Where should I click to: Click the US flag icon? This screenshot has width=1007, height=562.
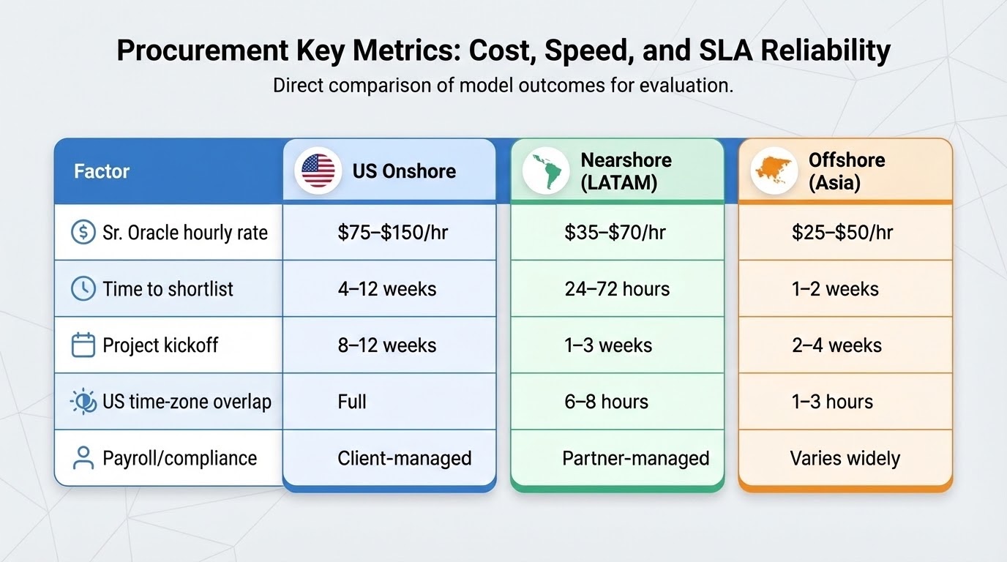[318, 171]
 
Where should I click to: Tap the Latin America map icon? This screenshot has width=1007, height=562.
[546, 171]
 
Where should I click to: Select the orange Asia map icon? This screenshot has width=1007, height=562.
[774, 171]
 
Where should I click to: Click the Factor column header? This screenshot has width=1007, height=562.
[102, 171]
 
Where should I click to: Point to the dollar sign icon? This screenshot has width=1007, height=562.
[83, 233]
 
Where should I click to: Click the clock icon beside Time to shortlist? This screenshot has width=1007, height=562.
[83, 289]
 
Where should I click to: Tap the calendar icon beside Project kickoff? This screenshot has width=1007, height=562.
[83, 345]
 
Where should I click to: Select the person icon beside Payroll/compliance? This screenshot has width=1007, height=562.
[83, 458]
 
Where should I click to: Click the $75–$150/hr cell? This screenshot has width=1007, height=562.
[393, 233]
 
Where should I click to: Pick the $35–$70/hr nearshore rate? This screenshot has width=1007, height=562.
[615, 233]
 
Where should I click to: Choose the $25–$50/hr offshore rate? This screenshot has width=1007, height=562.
[842, 233]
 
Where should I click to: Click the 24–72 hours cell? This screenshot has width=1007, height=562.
[617, 289]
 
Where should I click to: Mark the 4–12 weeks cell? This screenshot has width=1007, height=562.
[387, 289]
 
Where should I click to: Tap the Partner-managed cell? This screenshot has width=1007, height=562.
[635, 458]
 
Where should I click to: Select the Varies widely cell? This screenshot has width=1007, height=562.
[845, 458]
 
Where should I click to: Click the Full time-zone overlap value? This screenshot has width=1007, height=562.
[352, 402]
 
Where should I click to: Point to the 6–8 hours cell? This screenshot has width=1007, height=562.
[606, 402]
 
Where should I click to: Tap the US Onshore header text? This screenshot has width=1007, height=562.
[404, 171]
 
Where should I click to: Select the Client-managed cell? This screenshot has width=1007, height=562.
[404, 458]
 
